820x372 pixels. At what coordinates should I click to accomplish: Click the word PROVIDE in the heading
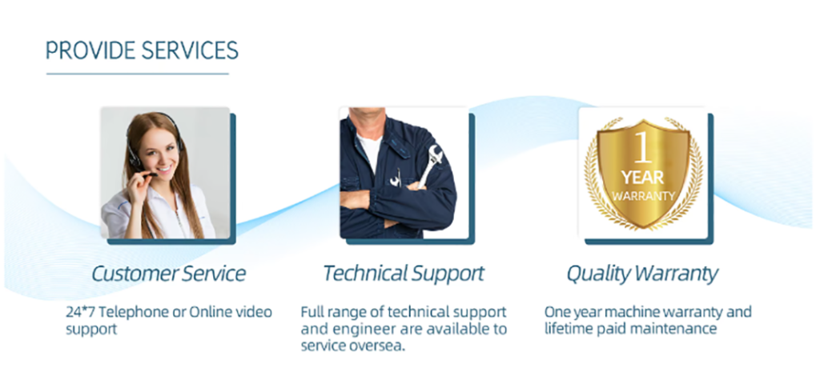[91, 50]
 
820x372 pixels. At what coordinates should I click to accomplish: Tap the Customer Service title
[168, 274]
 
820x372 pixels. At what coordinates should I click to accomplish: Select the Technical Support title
[404, 274]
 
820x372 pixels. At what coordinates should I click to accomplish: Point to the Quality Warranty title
[642, 274]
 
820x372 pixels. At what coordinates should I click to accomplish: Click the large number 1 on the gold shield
[643, 147]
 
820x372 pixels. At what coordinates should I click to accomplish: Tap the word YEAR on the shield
[643, 178]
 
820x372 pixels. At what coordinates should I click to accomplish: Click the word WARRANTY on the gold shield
[643, 197]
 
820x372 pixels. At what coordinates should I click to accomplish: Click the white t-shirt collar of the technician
[370, 149]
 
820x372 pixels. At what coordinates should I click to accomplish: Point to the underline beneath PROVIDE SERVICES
[138, 74]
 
